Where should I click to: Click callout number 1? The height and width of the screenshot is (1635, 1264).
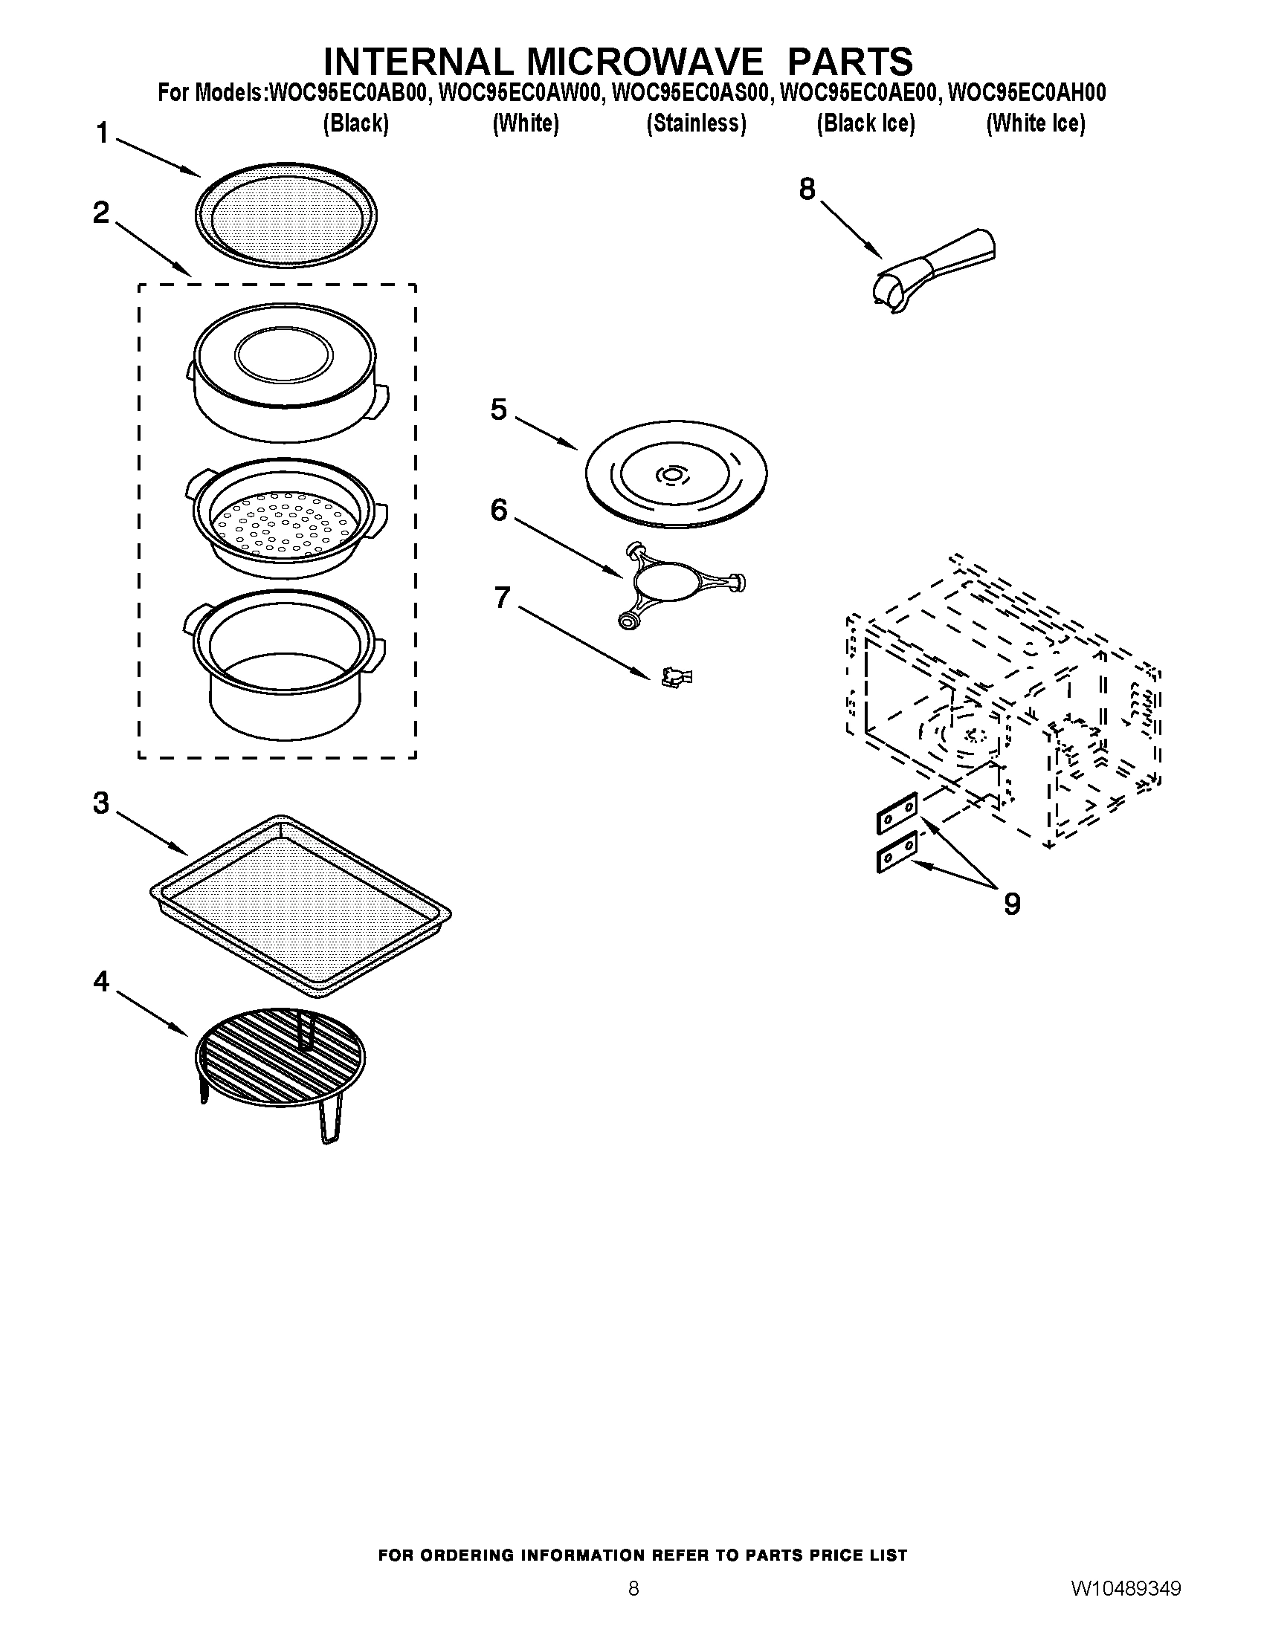103,135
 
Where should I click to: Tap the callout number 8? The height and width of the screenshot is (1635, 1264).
807,190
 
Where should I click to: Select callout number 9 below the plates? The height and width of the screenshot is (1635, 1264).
1012,904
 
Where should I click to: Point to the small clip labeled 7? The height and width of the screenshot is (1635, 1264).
676,678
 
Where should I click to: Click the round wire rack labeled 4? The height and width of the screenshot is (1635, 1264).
281,1054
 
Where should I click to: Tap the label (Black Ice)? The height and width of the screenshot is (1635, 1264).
865,123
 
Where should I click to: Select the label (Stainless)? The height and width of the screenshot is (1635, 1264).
696,123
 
